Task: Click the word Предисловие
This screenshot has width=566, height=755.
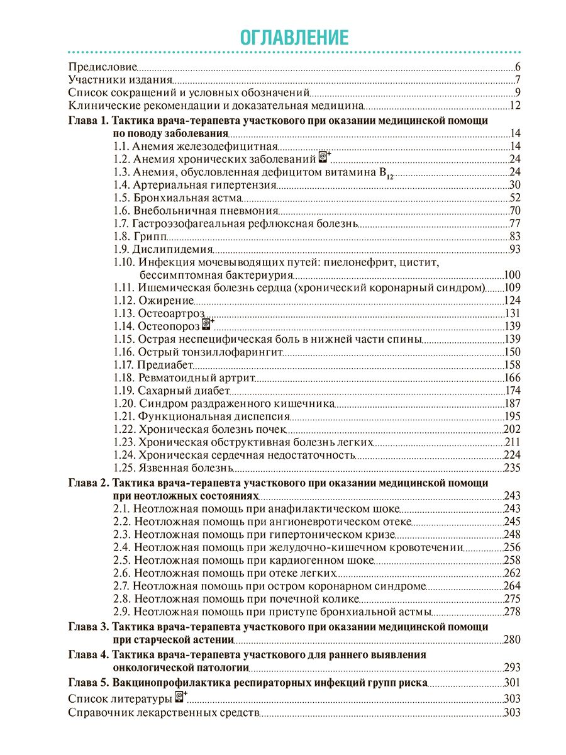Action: (102, 67)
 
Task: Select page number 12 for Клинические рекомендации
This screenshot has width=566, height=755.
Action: (515, 105)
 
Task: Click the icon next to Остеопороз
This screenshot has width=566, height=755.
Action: (208, 325)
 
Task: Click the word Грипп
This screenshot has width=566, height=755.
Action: (150, 237)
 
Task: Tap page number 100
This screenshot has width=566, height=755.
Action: (513, 275)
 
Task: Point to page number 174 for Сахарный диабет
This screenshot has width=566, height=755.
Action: (513, 391)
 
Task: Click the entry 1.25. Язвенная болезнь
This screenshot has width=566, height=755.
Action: (173, 468)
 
